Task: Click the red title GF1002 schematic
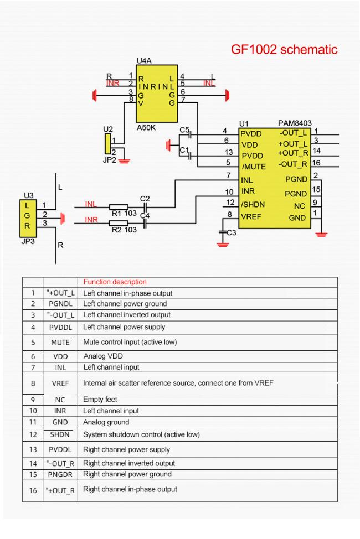[284, 50]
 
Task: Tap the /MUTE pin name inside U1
[253, 167]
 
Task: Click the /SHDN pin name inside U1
[253, 204]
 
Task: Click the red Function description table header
[115, 282]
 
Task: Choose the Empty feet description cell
[100, 399]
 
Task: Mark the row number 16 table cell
[33, 490]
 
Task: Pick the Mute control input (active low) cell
[130, 341]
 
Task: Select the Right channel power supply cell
[126, 449]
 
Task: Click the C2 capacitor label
[145, 198]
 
